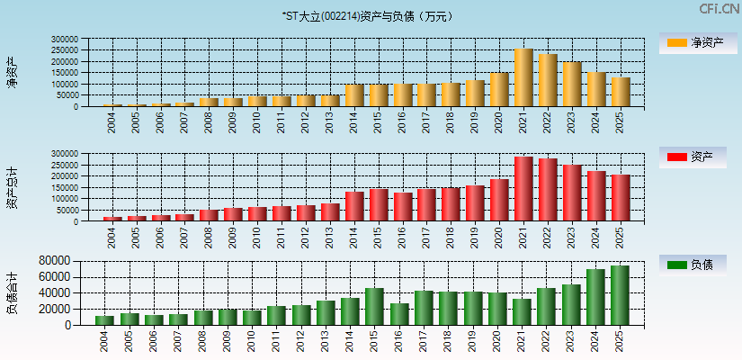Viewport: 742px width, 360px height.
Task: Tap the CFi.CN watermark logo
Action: (720, 8)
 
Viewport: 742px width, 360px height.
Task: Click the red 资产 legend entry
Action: (692, 157)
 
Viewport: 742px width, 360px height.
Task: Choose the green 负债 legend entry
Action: (692, 265)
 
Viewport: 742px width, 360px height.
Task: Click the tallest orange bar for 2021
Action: (523, 78)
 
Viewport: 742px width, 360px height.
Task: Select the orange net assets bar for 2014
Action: (354, 95)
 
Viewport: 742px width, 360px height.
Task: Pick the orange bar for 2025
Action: (621, 92)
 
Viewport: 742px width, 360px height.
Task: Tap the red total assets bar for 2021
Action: (523, 189)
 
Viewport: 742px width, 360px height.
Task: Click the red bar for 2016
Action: (403, 207)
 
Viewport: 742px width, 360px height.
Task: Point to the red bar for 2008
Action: (209, 215)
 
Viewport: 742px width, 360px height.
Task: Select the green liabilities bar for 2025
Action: (620, 295)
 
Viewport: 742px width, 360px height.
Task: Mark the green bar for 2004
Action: (105, 320)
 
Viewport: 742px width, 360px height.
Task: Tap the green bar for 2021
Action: (522, 312)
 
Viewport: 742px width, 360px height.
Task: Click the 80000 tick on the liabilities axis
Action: (53, 260)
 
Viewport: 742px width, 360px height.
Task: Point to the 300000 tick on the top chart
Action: (65, 40)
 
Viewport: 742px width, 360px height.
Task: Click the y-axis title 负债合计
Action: (12, 292)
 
